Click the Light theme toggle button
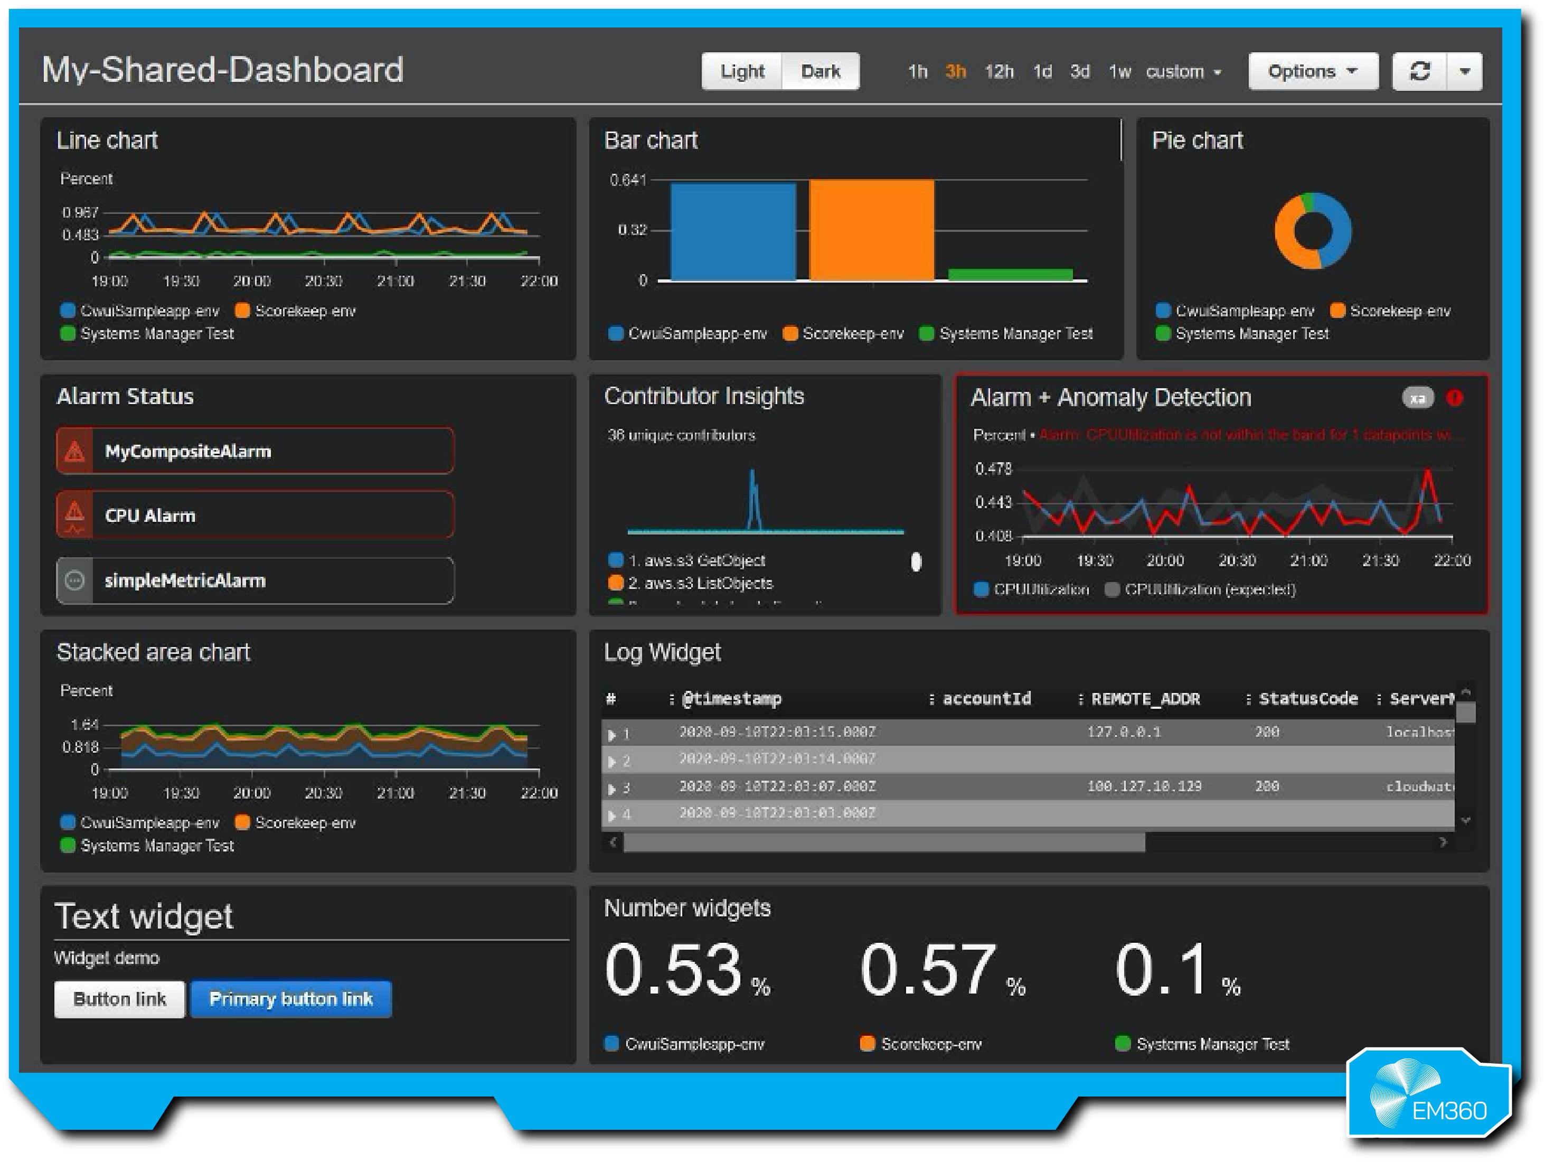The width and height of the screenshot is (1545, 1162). click(x=742, y=71)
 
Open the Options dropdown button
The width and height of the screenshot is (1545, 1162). click(x=1313, y=71)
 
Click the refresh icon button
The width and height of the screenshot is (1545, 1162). click(x=1419, y=71)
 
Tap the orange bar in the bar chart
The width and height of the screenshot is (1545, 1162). click(x=871, y=231)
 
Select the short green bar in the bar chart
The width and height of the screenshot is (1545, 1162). click(x=1010, y=275)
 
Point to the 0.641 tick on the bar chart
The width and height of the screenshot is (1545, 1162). click(x=627, y=180)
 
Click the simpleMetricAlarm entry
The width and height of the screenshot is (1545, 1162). click(x=255, y=580)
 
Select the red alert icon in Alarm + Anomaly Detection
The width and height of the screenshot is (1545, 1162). click(x=1455, y=398)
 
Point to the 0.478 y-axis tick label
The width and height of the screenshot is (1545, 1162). click(x=993, y=469)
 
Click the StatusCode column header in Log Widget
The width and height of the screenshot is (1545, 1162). click(x=1307, y=699)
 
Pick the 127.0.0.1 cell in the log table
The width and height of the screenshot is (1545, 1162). click(x=1123, y=732)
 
